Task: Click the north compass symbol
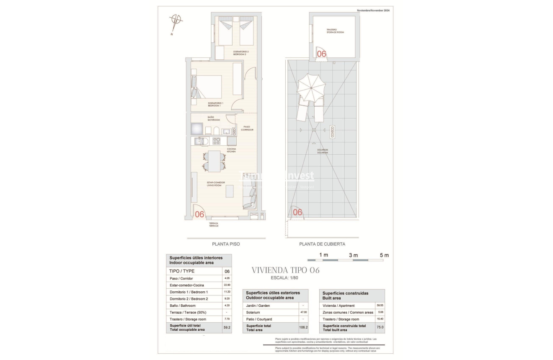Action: (176, 21)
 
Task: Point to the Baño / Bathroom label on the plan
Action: (213, 119)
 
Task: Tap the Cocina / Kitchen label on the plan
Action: (231, 150)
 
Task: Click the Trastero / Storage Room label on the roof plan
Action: (335, 31)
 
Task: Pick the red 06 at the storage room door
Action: (321, 54)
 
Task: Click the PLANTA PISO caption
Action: (226, 244)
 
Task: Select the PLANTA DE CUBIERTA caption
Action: (322, 244)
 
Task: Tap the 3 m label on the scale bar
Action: (353, 255)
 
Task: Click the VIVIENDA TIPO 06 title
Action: (285, 270)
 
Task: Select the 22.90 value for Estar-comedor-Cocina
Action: (227, 285)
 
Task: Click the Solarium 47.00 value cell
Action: (303, 312)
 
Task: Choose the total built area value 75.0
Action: (380, 327)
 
